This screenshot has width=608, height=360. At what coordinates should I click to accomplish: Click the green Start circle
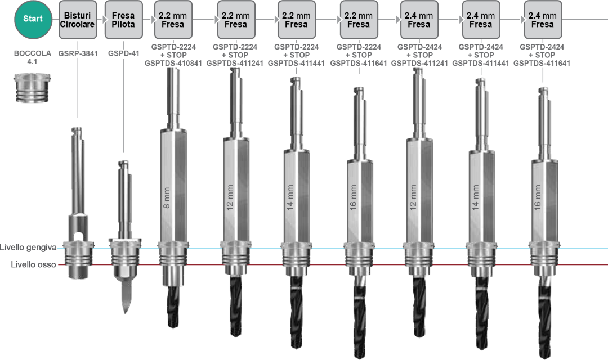[33, 19]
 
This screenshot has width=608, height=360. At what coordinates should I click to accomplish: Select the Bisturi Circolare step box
[78, 20]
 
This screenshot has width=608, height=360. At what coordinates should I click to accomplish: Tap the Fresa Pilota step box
[123, 20]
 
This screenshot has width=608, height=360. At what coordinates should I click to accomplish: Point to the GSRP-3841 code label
[77, 55]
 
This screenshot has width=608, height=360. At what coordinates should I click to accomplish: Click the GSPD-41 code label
[123, 55]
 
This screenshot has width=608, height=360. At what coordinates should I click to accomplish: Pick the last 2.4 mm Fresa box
[542, 20]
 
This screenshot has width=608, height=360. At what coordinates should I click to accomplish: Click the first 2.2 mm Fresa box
[173, 20]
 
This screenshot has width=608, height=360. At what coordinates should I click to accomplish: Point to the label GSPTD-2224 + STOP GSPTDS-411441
[296, 55]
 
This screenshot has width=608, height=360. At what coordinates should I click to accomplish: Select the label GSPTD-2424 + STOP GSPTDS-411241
[419, 55]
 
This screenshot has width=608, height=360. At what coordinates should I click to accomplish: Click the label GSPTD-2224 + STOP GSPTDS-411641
[359, 55]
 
